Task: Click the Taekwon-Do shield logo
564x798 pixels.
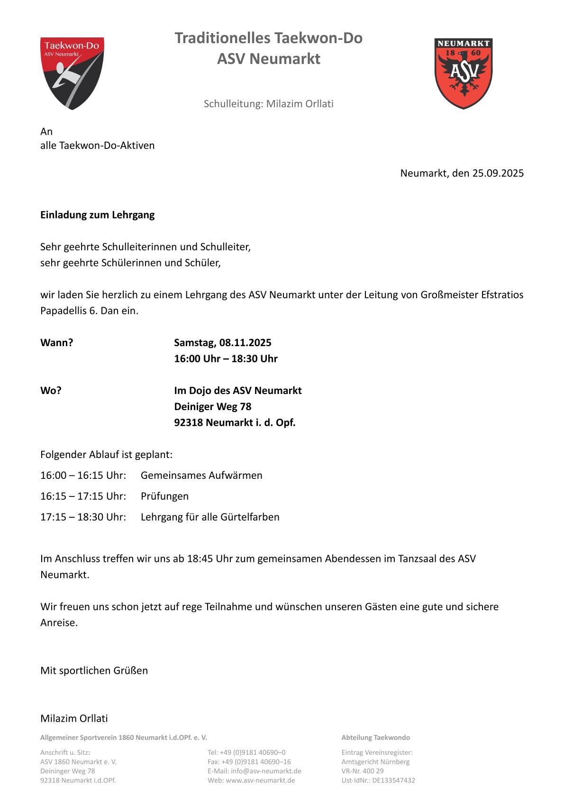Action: [x=72, y=73]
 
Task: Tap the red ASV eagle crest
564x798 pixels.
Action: [x=463, y=73]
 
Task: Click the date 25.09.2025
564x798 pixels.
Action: [x=498, y=173]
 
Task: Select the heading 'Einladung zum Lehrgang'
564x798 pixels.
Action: [x=97, y=215]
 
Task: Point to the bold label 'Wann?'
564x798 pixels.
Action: [x=56, y=343]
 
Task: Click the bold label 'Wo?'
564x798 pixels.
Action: [x=51, y=391]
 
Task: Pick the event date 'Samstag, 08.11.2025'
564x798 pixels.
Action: [x=222, y=343]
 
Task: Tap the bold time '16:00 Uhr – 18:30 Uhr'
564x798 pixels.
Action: [x=226, y=358]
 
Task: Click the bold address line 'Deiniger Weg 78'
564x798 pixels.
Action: [x=212, y=407]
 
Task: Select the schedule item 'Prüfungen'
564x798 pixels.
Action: [x=164, y=496]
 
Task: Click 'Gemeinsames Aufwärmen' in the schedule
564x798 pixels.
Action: [x=201, y=476]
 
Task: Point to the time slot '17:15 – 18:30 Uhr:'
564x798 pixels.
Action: [x=83, y=517]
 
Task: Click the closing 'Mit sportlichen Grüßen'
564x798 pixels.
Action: [x=94, y=670]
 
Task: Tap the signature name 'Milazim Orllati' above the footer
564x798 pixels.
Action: [x=74, y=718]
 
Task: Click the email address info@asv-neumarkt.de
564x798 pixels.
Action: [x=266, y=771]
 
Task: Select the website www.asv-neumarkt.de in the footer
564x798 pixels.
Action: [x=260, y=780]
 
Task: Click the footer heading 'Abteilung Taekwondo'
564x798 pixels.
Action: [x=375, y=738]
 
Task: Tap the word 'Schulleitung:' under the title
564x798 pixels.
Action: [x=233, y=104]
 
